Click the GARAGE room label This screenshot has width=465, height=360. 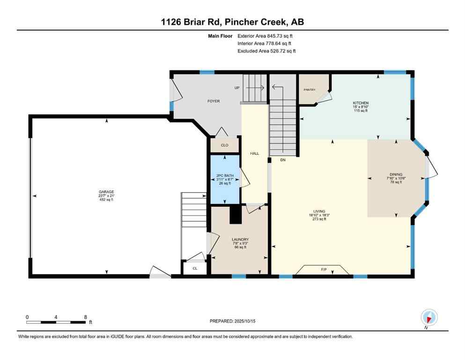click(106, 192)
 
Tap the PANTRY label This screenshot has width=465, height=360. click(309, 90)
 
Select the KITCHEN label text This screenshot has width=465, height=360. click(361, 103)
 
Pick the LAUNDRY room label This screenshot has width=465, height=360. click(240, 240)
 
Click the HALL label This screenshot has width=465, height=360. click(254, 153)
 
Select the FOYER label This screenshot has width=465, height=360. click(214, 101)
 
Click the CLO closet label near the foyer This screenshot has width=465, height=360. click(224, 145)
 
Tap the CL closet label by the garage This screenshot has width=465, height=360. click(195, 269)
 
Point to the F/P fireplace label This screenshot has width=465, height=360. click(323, 270)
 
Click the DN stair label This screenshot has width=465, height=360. click(282, 160)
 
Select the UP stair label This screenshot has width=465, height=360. click(237, 88)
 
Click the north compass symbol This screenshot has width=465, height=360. click(429, 317)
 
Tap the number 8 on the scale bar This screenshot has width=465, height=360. click(85, 317)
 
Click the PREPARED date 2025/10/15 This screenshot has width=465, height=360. click(233, 321)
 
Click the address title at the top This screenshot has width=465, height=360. click(233, 22)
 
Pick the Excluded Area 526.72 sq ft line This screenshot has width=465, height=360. click(266, 51)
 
